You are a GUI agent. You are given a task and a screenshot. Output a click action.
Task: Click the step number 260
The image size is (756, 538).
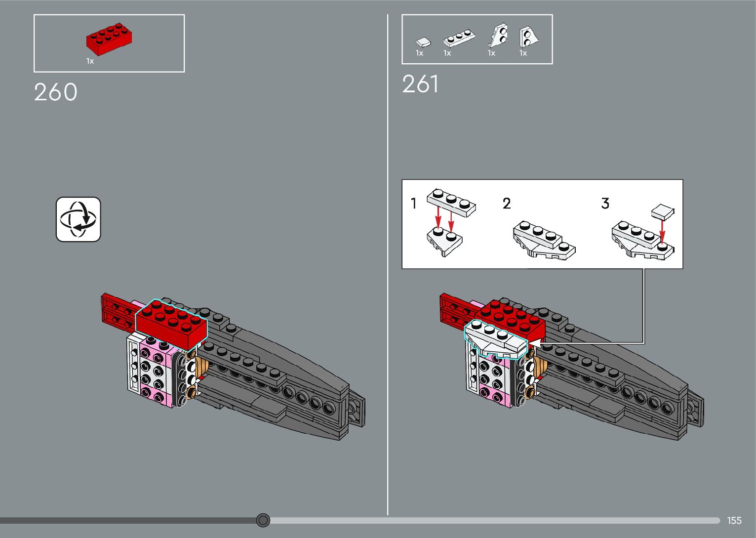tap(56, 92)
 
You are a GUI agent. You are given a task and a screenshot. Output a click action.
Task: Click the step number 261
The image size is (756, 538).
tap(420, 84)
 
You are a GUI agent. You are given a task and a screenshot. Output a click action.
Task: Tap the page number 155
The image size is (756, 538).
tap(734, 520)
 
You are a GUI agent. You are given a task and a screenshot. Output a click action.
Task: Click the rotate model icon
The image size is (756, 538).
tap(79, 219)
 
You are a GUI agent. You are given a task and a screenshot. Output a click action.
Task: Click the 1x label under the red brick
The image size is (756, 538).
tap(90, 61)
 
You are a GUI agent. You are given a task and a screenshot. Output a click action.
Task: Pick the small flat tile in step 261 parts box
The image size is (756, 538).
tap(423, 42)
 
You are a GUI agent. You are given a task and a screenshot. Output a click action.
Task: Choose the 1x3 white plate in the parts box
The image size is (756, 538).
tap(459, 39)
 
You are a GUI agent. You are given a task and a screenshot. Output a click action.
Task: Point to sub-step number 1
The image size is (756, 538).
tap(414, 203)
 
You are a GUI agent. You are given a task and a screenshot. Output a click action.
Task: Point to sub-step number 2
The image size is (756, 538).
tap(507, 203)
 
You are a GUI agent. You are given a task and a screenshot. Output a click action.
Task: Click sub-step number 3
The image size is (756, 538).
tap(605, 203)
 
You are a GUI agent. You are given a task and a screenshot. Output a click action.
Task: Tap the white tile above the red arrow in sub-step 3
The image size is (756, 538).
tap(663, 212)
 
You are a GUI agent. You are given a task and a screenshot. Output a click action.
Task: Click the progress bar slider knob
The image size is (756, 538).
tap(263, 520)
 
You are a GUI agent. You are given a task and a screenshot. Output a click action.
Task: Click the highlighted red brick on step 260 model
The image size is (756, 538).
tap(172, 323)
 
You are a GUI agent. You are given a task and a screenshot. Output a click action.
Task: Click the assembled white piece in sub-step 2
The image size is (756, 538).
tap(543, 240)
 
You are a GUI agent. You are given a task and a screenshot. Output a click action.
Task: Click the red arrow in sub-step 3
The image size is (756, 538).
tap(663, 230)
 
